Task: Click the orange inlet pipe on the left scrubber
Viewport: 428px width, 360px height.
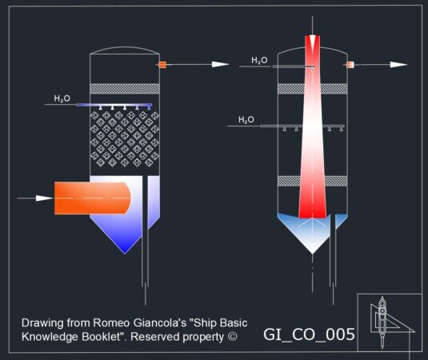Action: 92,198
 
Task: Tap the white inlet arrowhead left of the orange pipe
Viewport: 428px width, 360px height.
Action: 44,198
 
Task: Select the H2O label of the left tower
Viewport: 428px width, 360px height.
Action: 62,98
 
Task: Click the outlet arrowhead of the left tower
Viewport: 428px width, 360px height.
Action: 220,65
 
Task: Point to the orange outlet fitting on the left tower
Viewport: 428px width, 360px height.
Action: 162,65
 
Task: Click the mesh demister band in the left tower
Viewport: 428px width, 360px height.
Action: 125,89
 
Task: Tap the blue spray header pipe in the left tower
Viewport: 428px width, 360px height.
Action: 114,105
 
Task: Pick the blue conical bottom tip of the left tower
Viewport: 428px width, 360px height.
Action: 125,254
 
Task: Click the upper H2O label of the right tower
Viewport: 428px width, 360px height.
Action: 259,60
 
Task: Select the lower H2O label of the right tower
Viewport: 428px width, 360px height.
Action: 246,119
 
